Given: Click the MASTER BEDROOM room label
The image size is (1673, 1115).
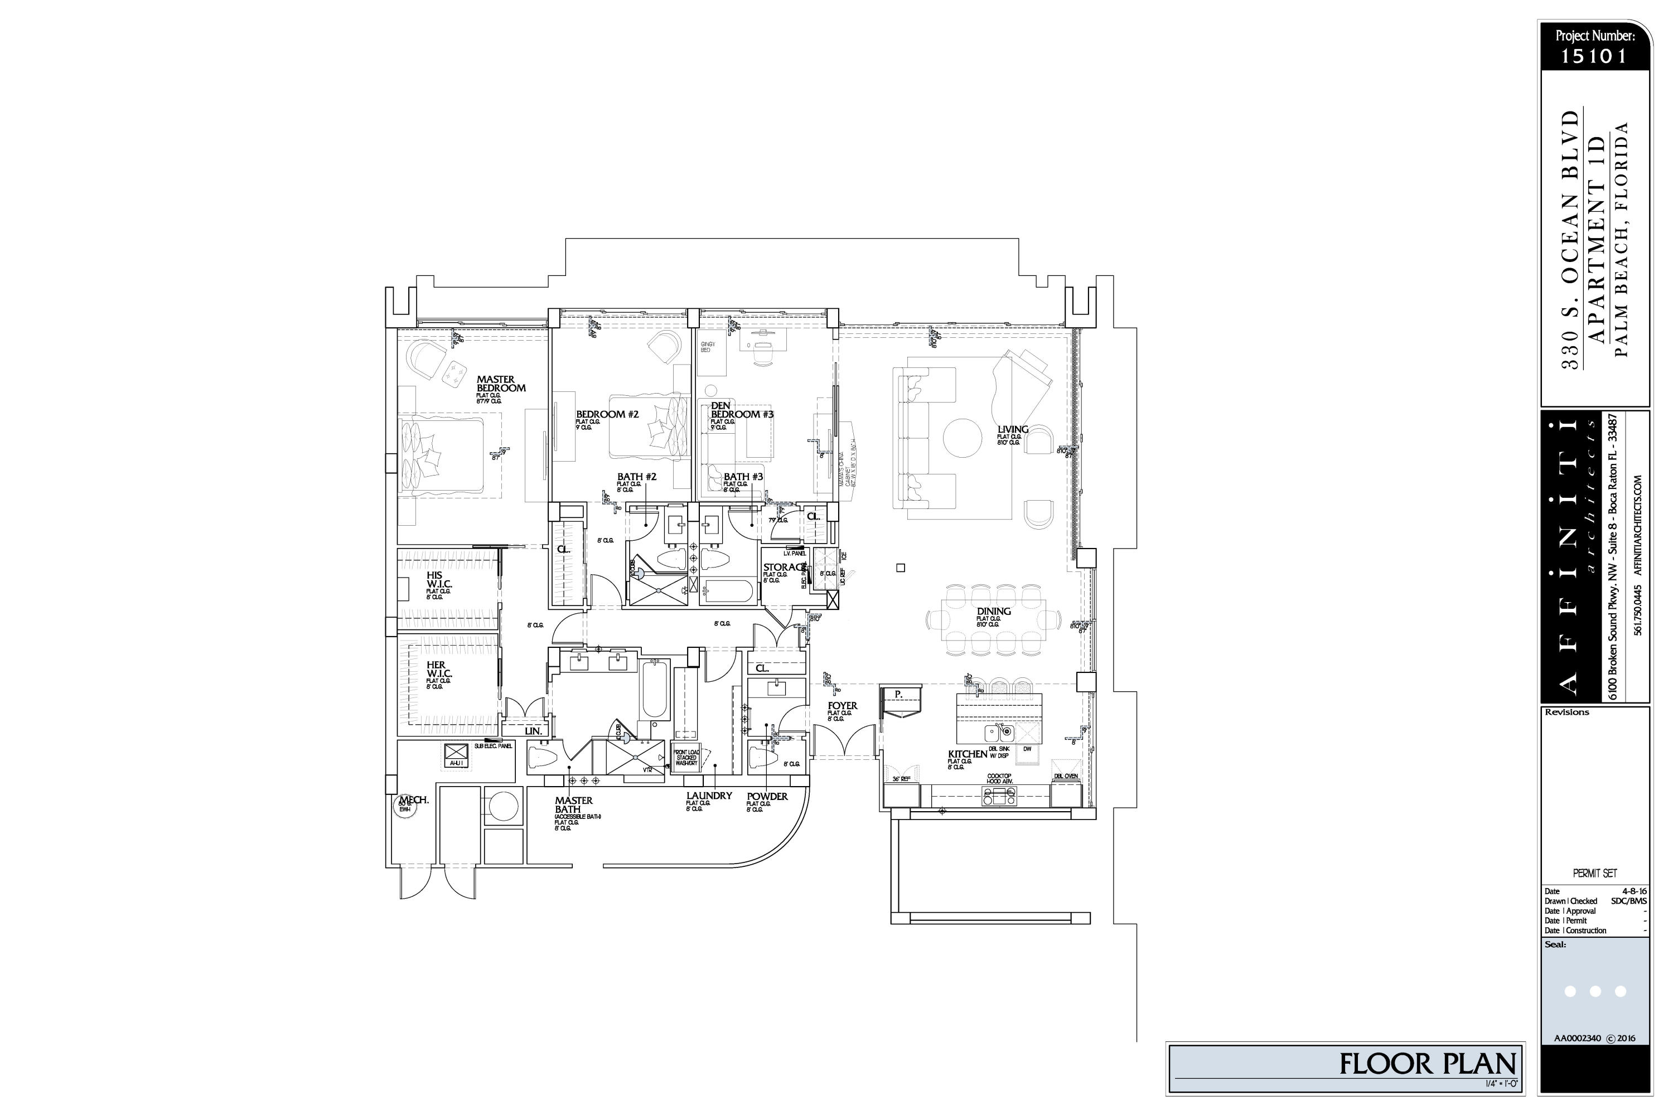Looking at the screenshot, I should click(501, 384).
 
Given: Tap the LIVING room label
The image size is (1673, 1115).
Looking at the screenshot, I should click(1012, 429).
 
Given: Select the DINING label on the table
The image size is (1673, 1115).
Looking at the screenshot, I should click(993, 612).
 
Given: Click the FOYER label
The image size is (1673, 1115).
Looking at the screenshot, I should click(842, 706).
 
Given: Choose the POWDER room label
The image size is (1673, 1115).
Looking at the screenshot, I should click(767, 797).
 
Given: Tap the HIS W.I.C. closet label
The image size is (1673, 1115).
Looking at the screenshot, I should click(439, 580).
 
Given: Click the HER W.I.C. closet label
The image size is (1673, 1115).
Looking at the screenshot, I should click(439, 669).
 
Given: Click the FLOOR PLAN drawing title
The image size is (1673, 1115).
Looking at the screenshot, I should click(1428, 1064).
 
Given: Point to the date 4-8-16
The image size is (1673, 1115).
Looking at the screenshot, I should click(1634, 891).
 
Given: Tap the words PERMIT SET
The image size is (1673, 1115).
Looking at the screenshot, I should click(1595, 873).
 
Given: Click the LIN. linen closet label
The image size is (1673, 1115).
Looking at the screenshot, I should click(533, 731).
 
